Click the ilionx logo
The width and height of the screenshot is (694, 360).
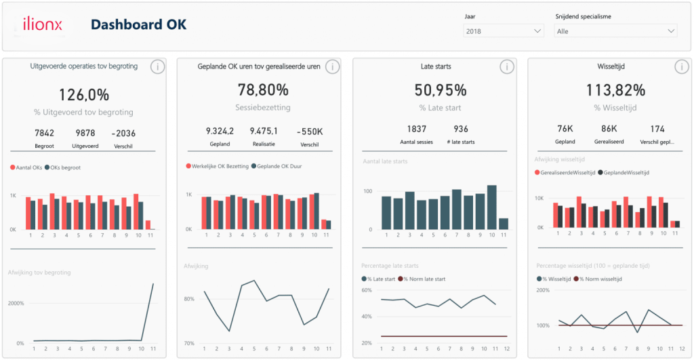click(x=42, y=25)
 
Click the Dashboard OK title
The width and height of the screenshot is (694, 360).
click(x=138, y=25)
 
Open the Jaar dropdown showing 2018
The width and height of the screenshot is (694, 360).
click(x=504, y=31)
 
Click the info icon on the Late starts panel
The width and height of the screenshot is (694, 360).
click(x=507, y=66)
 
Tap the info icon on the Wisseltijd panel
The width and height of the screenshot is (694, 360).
click(x=682, y=66)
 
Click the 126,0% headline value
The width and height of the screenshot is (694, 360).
click(x=84, y=95)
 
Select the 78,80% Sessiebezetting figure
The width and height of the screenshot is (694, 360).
click(x=262, y=90)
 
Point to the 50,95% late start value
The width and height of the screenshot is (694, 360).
click(x=441, y=90)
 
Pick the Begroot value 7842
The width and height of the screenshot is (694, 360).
click(x=45, y=133)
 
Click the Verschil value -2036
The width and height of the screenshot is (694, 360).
click(x=124, y=133)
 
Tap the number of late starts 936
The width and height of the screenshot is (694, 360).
click(x=461, y=129)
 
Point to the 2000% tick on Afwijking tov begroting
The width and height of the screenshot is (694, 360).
click(x=16, y=303)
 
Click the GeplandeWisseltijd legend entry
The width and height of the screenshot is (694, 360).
click(x=623, y=173)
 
